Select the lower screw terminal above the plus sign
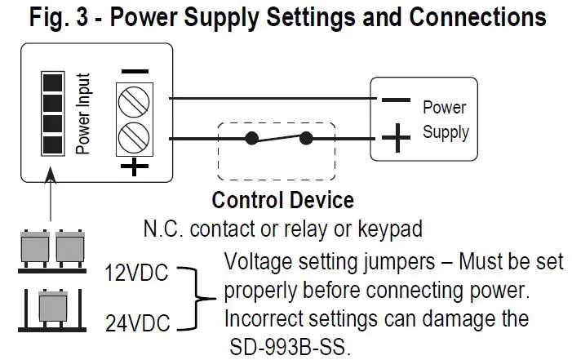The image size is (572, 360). coord(134,135)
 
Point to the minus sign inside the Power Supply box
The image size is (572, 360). coord(396,101)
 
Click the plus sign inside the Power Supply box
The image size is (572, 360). coord(396,139)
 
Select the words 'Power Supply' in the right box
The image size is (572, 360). coord(445,119)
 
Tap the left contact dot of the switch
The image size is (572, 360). coord(253,138)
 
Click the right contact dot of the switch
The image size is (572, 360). coord(308,138)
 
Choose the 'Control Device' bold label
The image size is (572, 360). coord(282,200)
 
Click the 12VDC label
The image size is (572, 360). coord(137,272)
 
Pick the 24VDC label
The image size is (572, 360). coord(137,326)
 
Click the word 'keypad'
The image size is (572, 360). coord(392,229)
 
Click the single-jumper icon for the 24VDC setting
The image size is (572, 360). coord(52,309)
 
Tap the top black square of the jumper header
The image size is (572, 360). coord(52,82)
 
